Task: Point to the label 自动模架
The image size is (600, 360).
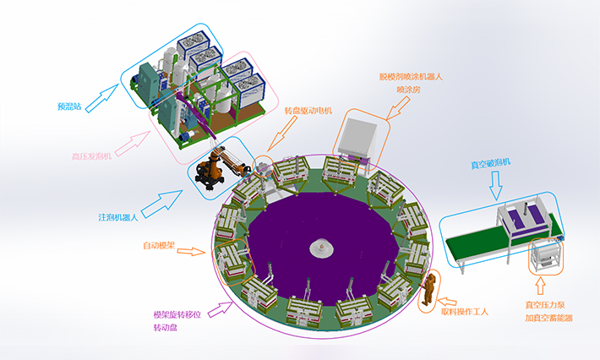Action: pos(160,247)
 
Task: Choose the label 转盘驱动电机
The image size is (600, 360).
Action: pos(308,110)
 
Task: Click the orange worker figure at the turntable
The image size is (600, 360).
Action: pos(429,288)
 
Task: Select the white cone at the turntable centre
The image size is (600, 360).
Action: pos(322,247)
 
